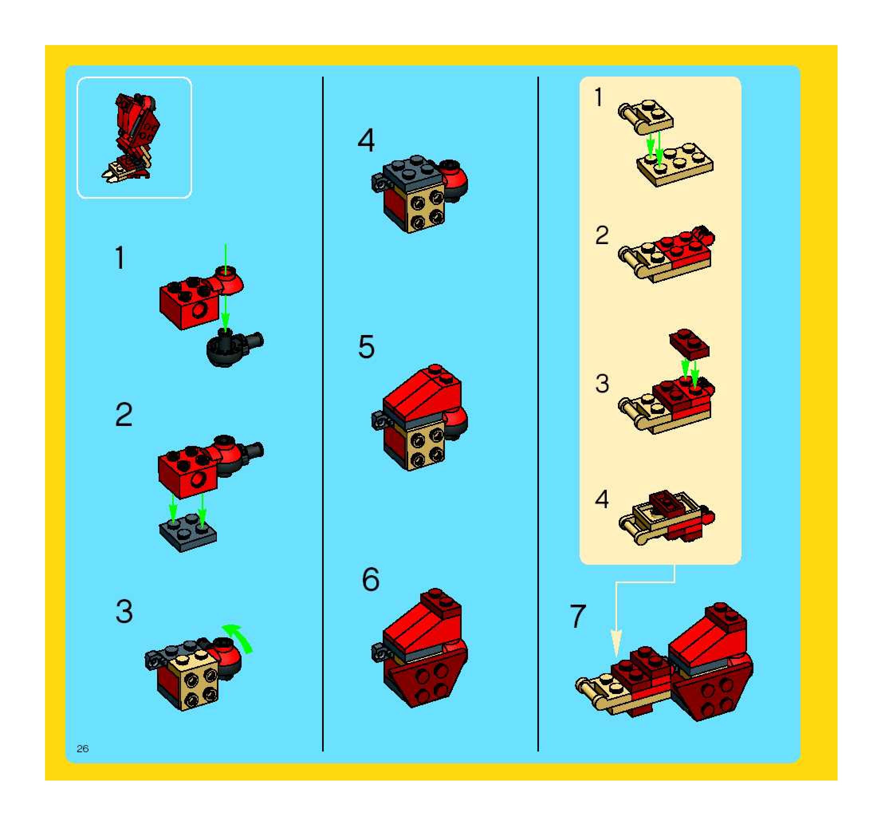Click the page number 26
pos(83,749)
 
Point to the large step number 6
pos(371,580)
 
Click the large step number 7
pos(578,616)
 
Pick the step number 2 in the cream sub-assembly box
pos(602,235)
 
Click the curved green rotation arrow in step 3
pos(239,637)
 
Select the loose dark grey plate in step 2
pos(188,533)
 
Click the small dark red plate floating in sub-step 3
pos(689,344)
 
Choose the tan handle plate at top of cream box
pos(645,116)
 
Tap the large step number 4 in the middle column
pos(366,140)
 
